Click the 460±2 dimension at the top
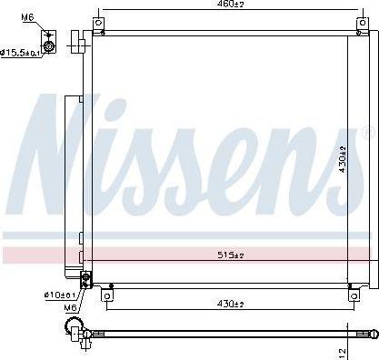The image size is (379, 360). (231, 4)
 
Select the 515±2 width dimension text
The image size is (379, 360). (231, 255)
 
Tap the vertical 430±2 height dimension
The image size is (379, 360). (343, 159)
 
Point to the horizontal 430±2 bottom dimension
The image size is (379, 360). (230, 303)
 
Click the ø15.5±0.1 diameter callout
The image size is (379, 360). (20, 53)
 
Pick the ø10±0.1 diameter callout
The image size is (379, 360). (60, 294)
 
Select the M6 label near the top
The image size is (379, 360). (27, 17)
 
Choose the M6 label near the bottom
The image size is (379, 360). (70, 307)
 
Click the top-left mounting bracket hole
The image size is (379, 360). (98, 23)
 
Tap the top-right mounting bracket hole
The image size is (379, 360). (363, 23)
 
